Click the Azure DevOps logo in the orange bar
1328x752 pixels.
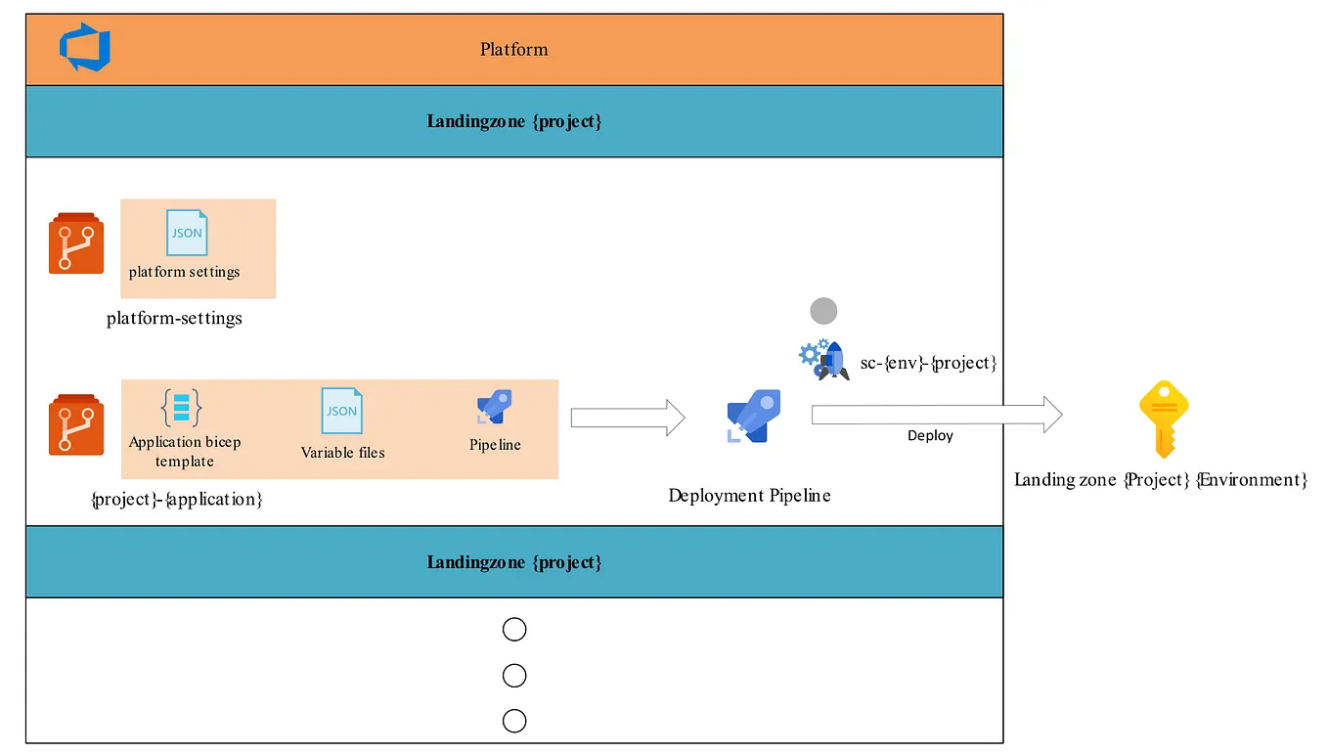tap(85, 49)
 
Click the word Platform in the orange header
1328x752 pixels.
tap(513, 49)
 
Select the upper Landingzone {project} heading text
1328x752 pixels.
tap(513, 121)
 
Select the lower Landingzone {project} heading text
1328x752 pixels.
tap(513, 562)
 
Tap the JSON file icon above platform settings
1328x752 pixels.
tap(186, 233)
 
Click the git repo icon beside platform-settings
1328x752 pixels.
tap(76, 243)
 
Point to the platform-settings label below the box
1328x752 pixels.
tap(174, 318)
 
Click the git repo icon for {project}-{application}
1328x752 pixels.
tap(76, 425)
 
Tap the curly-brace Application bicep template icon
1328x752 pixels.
tap(182, 407)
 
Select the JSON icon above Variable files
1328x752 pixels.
tap(341, 411)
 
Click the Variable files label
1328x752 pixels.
tap(342, 453)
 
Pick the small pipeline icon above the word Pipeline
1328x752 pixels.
tap(494, 407)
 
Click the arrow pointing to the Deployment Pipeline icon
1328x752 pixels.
tap(627, 418)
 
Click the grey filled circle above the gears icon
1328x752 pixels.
tap(823, 311)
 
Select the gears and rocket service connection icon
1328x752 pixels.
tap(823, 359)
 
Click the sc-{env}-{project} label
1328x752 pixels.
tap(928, 363)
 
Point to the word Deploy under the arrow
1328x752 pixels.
tap(929, 435)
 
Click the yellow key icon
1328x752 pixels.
tap(1163, 419)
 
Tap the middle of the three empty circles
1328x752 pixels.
tap(513, 676)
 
